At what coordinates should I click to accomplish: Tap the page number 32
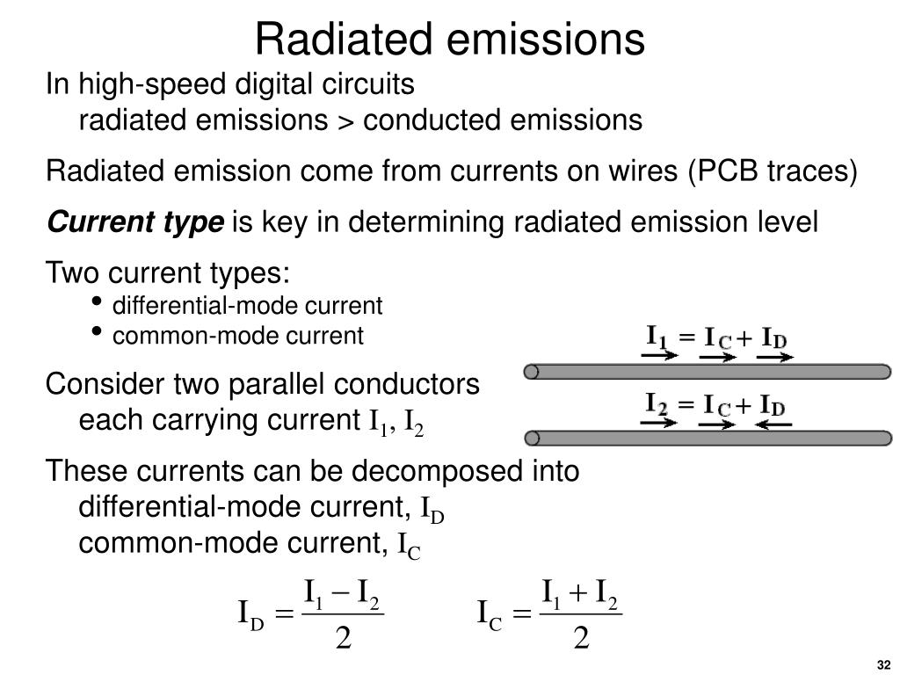[882, 663]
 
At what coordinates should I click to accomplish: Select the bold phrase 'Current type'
[135, 222]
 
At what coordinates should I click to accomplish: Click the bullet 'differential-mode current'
[248, 306]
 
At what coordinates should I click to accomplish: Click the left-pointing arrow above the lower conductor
[774, 424]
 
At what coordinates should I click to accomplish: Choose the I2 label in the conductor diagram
[657, 404]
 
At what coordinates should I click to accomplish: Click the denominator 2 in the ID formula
[344, 638]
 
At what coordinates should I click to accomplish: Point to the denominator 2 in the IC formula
[581, 638]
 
